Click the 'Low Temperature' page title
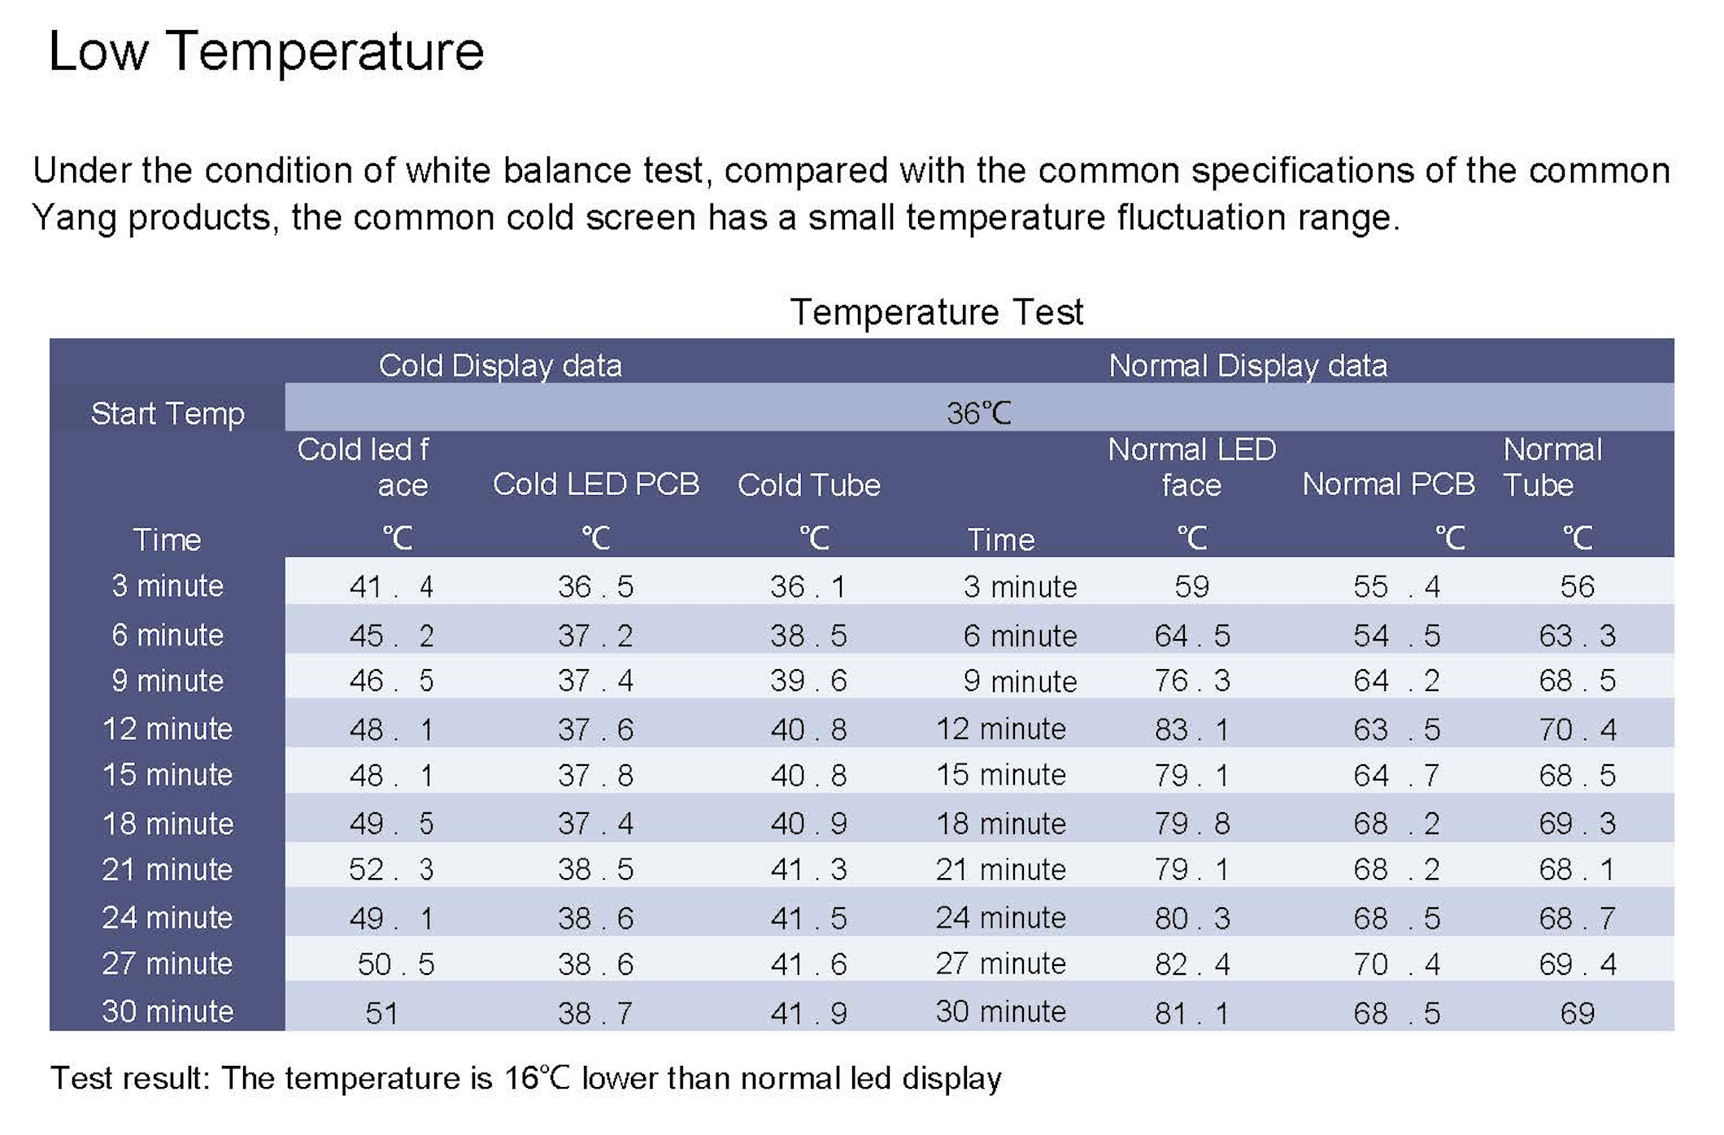(266, 52)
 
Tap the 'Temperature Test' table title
(936, 312)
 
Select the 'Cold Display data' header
(500, 366)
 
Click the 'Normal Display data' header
(1247, 366)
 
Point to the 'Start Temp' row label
(168, 414)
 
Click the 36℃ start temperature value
(978, 414)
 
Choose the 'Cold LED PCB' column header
(596, 485)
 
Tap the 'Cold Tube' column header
(808, 485)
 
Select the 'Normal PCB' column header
(1388, 485)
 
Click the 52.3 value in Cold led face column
(391, 870)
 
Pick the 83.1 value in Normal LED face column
(1191, 729)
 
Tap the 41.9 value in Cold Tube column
(808, 1013)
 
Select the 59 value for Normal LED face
(1191, 586)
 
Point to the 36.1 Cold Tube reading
(808, 586)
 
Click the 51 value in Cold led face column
(381, 1013)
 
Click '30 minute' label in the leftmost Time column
(168, 1011)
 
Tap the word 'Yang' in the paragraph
(73, 218)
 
